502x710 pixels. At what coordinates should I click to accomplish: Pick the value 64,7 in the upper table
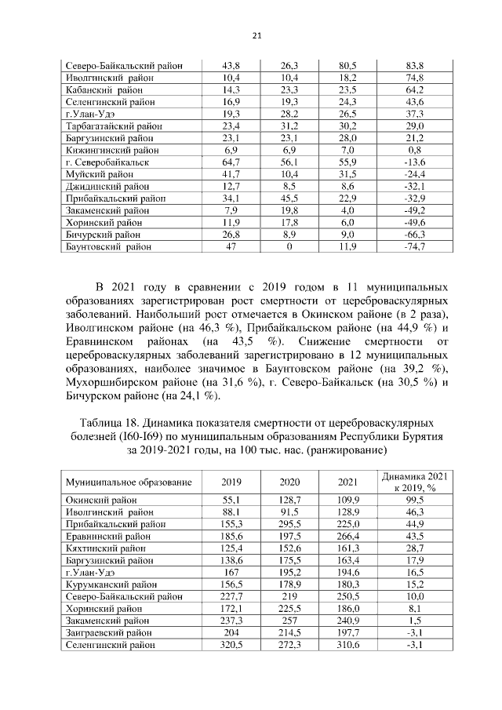[231, 162]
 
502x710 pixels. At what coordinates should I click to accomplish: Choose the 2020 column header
[289, 482]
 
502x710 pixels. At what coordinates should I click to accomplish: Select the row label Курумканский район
[110, 584]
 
